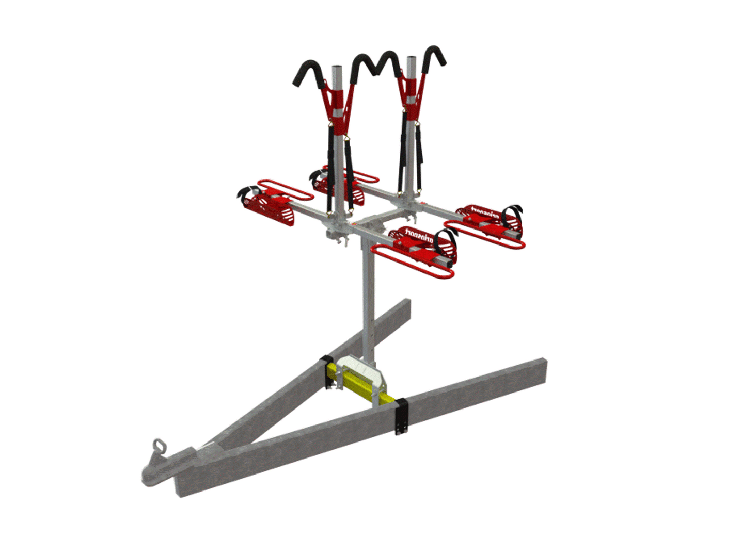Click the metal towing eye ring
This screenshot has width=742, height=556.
coord(160,445)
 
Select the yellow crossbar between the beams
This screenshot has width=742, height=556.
coord(361,384)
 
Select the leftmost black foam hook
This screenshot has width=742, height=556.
coord(308,72)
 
